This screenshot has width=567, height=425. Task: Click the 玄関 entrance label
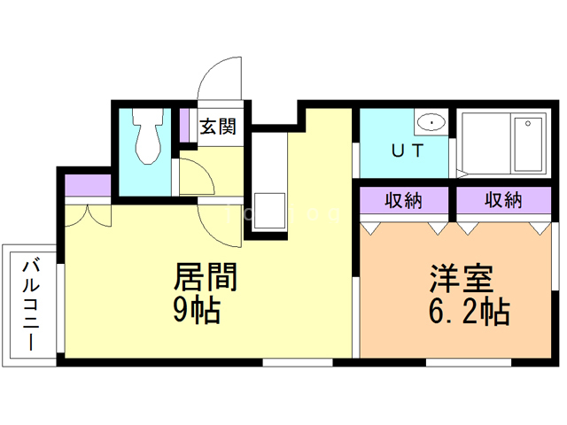pos(217,127)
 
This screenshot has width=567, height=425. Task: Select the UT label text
pos(405,150)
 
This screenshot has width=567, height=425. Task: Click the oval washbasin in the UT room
pos(431,123)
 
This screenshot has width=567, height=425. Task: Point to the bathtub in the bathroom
pos(527,143)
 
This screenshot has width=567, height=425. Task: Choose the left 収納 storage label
pos(404,201)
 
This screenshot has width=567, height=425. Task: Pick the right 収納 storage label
pos(502,201)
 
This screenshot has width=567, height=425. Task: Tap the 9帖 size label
pos(197,310)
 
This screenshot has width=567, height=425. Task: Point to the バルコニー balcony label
pos(32,304)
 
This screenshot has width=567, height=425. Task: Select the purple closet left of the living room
pos(87,187)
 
